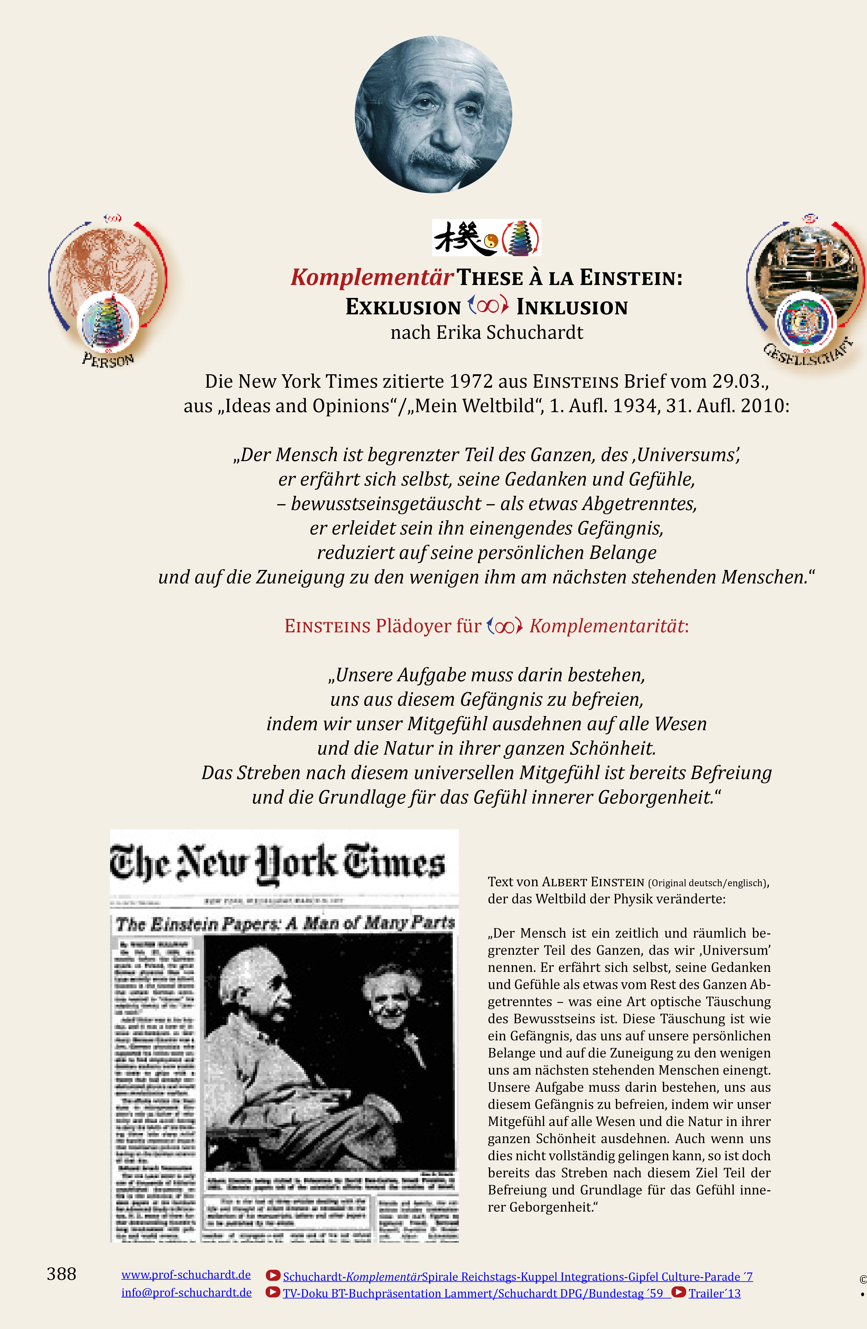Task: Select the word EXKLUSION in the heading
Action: [x=403, y=307]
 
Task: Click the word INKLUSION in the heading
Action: [x=572, y=307]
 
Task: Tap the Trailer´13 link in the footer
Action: [x=715, y=1293]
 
